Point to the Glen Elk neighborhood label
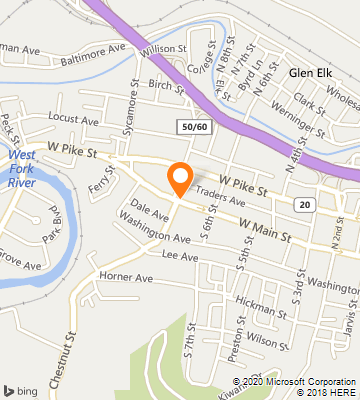coord(308,73)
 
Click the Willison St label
coord(164,48)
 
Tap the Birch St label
coord(160,87)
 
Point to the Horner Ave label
coord(126,277)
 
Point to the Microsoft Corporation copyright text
coord(296,381)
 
